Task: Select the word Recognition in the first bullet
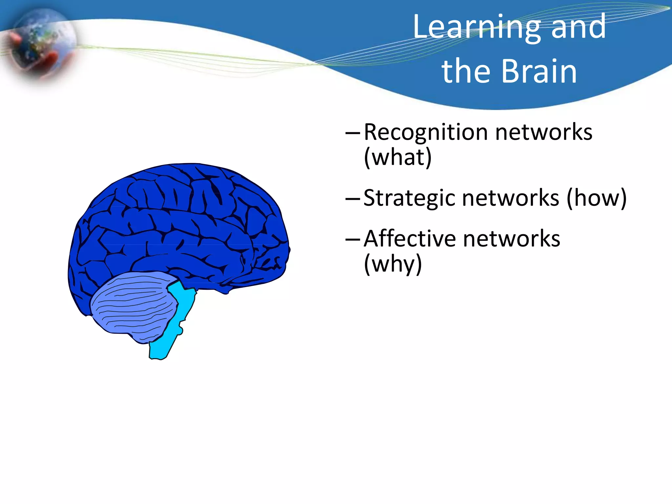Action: click(426, 133)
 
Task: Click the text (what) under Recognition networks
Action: click(398, 157)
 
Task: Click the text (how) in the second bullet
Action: click(597, 199)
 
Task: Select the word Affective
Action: click(410, 239)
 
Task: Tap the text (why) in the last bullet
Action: click(393, 264)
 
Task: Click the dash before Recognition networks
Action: click(353, 133)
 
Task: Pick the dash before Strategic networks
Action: click(353, 199)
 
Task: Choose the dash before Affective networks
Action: click(353, 239)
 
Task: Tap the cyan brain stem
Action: click(171, 328)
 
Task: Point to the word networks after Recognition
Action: click(544, 133)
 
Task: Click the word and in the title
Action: click(578, 28)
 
